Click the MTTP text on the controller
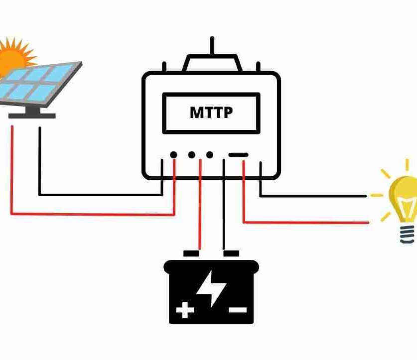point(211,113)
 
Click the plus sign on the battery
point(185,311)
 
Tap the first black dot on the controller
point(173,155)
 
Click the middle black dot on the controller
point(191,155)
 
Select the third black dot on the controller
point(209,155)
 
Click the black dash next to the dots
point(238,155)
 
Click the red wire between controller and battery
point(200,209)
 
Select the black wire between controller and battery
point(224,209)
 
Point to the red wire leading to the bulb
point(309,222)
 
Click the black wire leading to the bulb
point(314,196)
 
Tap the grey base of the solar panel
point(32,115)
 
